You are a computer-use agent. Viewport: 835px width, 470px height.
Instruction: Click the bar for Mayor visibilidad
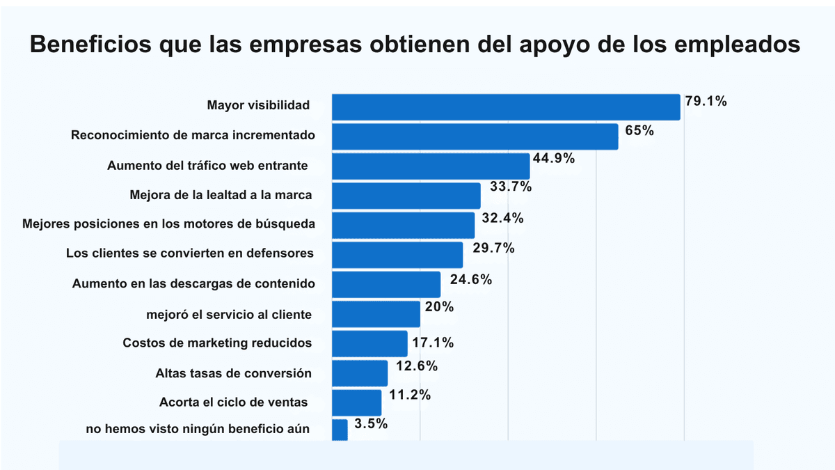[x=506, y=107]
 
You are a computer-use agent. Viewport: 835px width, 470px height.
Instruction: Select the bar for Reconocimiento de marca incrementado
[x=475, y=136]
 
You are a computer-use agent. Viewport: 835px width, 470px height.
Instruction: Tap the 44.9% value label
[x=554, y=158]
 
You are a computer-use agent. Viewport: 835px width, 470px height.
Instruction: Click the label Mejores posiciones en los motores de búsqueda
[x=168, y=224]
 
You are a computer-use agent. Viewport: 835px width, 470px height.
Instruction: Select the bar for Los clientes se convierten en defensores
[x=397, y=255]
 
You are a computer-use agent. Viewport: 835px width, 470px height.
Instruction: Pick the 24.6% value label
[x=471, y=279]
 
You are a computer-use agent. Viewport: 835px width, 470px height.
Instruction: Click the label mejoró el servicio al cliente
[x=229, y=314]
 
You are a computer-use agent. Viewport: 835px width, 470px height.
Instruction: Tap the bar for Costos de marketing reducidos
[x=369, y=344]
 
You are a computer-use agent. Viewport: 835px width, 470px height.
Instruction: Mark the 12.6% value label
[x=417, y=366]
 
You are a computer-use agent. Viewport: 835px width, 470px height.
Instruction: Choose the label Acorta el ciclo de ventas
[x=233, y=402]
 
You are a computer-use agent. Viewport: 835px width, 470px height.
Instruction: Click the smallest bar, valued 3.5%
[x=340, y=430]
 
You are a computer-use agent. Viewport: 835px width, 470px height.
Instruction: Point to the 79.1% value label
[x=706, y=102]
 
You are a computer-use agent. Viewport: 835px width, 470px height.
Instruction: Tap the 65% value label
[x=639, y=130]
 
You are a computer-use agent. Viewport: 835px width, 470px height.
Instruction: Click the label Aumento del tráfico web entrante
[x=207, y=166]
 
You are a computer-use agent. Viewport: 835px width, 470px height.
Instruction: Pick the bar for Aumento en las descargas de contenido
[x=386, y=285]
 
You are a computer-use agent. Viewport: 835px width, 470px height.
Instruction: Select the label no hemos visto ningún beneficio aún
[x=198, y=429]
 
